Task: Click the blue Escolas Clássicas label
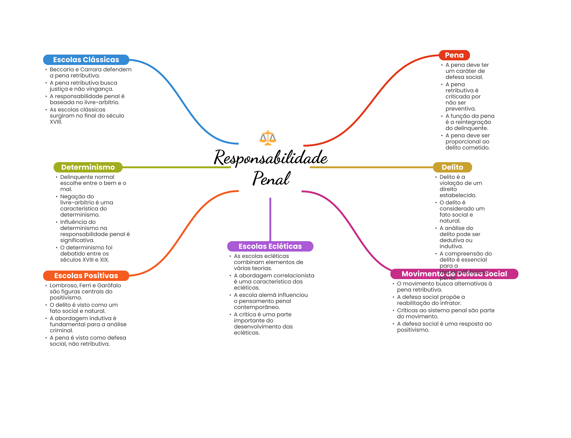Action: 86,60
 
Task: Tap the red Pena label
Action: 454,55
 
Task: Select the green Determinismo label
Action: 88,167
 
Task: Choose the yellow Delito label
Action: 452,167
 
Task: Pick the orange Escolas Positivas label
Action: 86,276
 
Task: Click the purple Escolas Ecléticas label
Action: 270,246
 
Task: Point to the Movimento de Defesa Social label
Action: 454,274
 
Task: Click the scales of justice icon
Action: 268,138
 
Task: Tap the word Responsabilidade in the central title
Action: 270,158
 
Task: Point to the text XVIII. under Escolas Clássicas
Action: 56,122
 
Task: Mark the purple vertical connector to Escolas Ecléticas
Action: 270,219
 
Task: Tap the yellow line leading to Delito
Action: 371,167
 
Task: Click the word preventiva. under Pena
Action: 460,109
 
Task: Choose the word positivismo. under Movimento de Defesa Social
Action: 413,330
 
